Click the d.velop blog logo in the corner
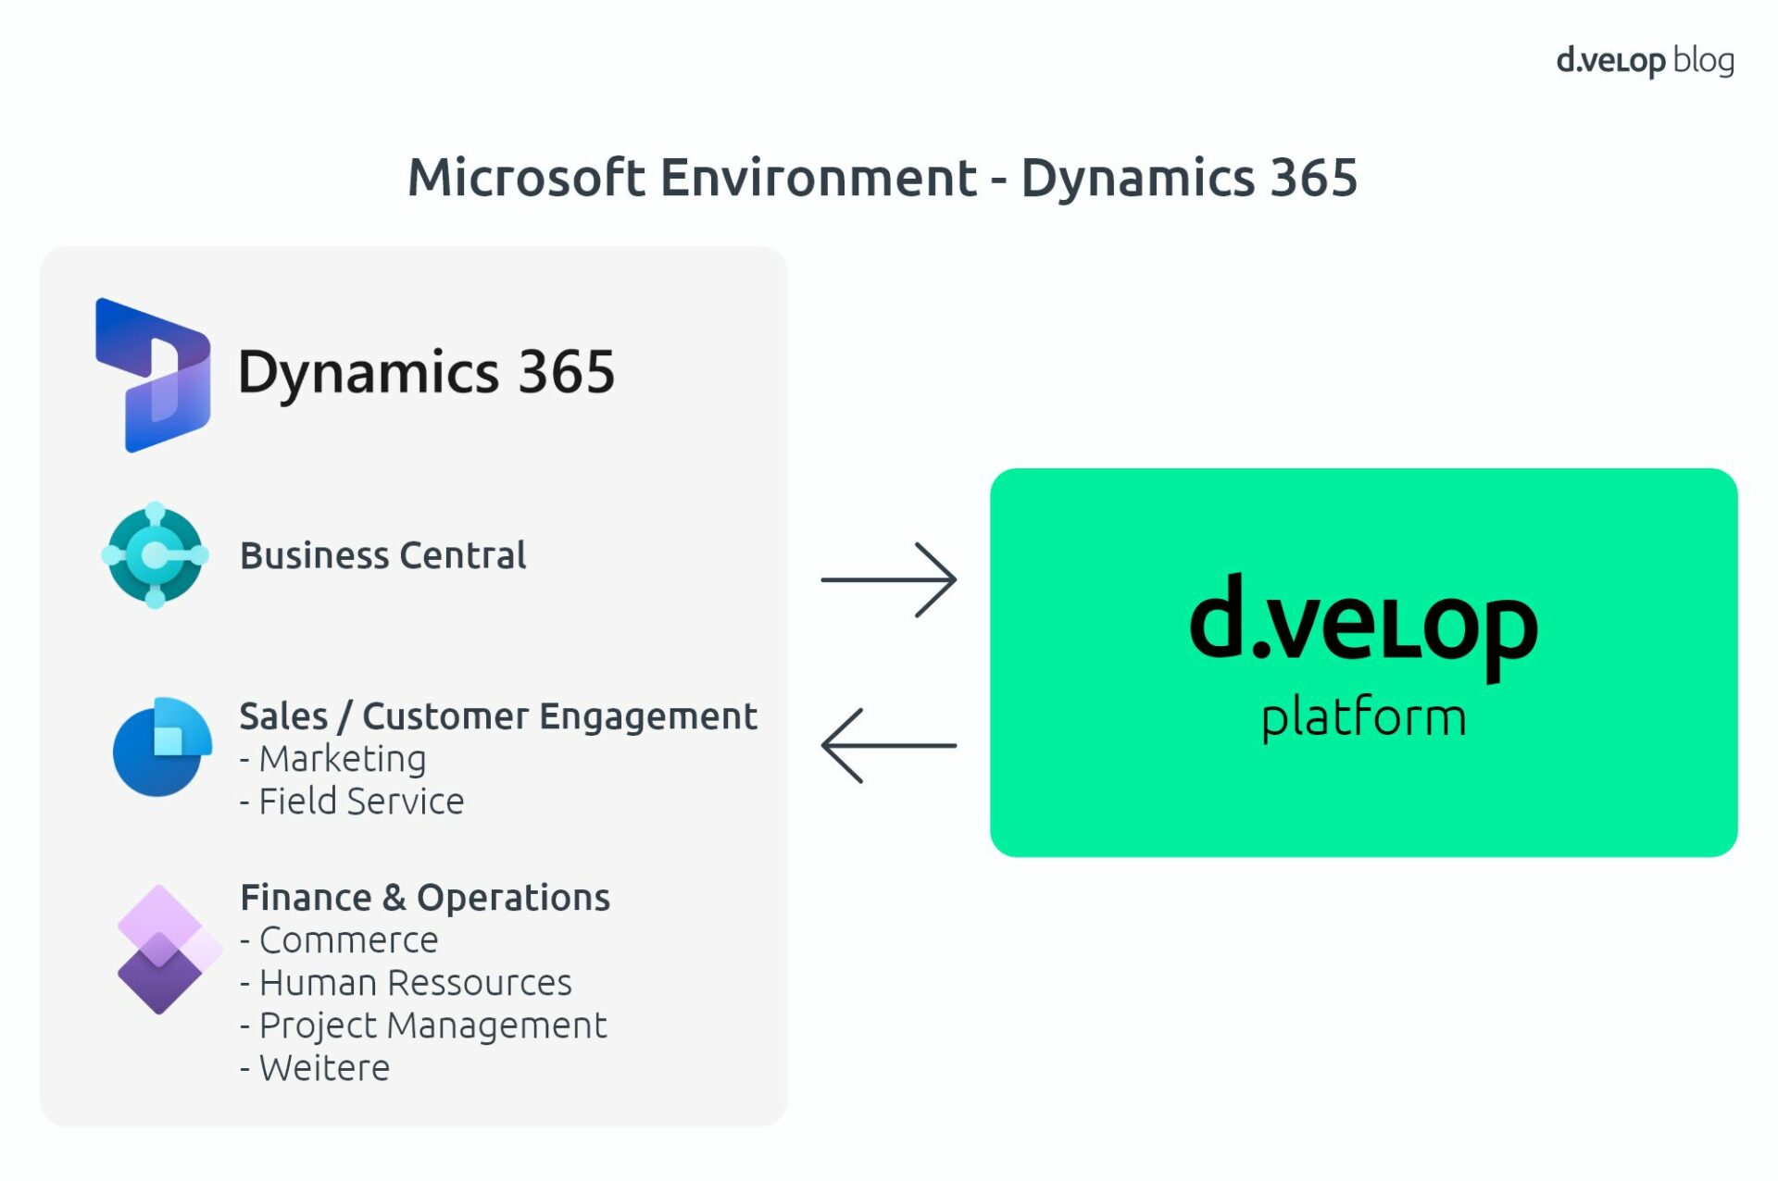pos(1644,61)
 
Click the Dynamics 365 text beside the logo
pos(426,372)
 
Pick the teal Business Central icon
pos(155,555)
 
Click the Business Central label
pos(382,555)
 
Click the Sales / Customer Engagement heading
pos(497,716)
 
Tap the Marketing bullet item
pos(342,759)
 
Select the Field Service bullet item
pos(360,802)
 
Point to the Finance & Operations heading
pos(424,898)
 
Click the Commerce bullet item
pos(347,940)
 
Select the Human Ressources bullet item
pos(414,983)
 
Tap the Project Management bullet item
pos(432,1026)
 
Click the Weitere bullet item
pos(323,1068)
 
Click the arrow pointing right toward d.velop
pos(888,580)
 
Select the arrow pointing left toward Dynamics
pos(888,746)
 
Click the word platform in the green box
pos(1363,718)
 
